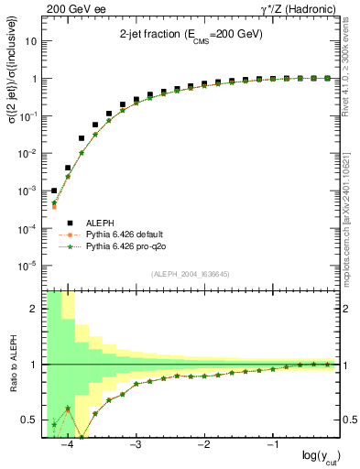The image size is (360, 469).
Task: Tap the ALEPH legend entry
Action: coord(99,222)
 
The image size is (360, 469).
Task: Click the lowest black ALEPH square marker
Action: coord(54,191)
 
